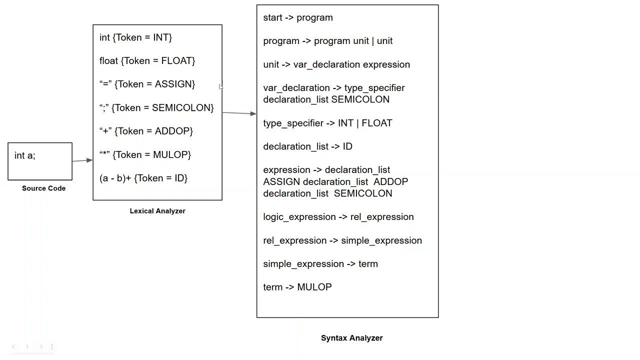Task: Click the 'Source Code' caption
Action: (x=43, y=188)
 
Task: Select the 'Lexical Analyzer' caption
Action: (x=157, y=211)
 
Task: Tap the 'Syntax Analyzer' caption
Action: (x=351, y=338)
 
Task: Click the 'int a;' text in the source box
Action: (x=25, y=155)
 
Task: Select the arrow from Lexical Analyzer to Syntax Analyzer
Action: (x=239, y=113)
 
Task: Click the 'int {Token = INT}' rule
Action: (x=135, y=37)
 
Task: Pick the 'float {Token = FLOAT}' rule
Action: (x=147, y=61)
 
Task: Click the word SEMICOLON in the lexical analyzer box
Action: (x=181, y=108)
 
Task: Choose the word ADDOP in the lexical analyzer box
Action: (x=172, y=131)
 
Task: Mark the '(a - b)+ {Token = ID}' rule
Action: (x=143, y=178)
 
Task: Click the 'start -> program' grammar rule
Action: (x=298, y=17)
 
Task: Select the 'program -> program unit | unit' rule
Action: (x=328, y=41)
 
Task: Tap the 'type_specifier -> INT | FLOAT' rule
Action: (x=327, y=123)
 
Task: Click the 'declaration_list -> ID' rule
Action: (x=307, y=146)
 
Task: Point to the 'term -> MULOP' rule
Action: (x=297, y=287)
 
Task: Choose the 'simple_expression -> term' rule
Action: (x=320, y=264)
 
